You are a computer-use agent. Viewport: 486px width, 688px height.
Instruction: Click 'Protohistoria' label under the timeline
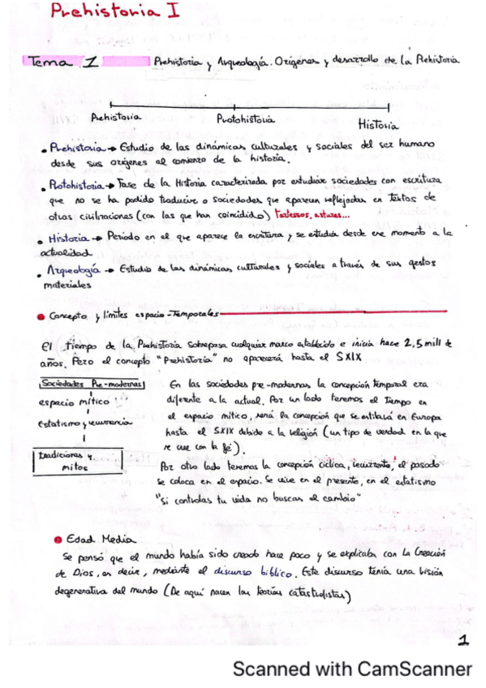(x=244, y=119)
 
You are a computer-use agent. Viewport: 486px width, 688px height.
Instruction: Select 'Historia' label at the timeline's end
(x=377, y=125)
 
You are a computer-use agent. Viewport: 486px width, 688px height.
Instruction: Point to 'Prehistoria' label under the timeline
(x=117, y=117)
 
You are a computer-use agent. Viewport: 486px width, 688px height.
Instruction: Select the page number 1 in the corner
(x=462, y=641)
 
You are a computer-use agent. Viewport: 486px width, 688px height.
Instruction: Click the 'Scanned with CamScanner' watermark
(x=352, y=669)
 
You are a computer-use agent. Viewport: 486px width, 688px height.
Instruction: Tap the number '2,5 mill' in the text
(x=426, y=343)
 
